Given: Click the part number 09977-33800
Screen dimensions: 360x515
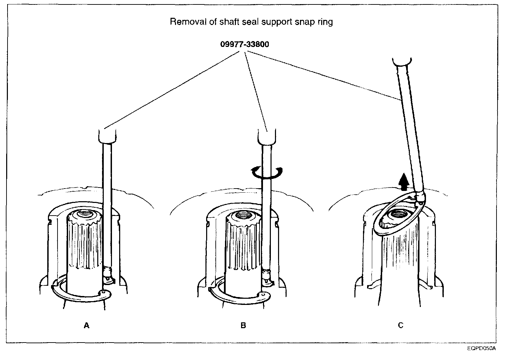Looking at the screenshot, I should (244, 44).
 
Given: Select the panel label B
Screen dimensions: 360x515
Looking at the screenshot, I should (243, 325).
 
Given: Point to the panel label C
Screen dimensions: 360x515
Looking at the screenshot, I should (400, 325).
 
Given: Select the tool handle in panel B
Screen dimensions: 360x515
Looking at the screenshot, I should (267, 136).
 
